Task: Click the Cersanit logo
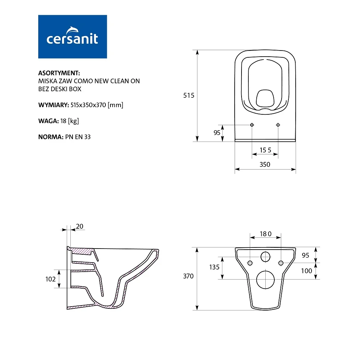(x=73, y=36)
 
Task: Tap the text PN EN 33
(x=78, y=137)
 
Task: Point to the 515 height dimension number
(x=189, y=96)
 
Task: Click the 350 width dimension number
(x=265, y=164)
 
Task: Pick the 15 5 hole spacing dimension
(x=265, y=150)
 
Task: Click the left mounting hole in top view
(x=252, y=125)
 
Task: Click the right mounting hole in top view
(x=278, y=125)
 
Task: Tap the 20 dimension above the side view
(x=79, y=227)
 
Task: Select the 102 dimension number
(x=51, y=279)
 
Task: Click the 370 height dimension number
(x=188, y=276)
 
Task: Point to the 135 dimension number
(x=214, y=267)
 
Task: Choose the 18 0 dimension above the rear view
(x=265, y=234)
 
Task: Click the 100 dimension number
(x=306, y=271)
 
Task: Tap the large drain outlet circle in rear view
(x=265, y=280)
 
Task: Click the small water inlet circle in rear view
(x=265, y=257)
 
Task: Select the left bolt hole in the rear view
(x=249, y=262)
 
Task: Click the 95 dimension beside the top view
(x=217, y=133)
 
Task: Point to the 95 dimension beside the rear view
(x=305, y=255)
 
